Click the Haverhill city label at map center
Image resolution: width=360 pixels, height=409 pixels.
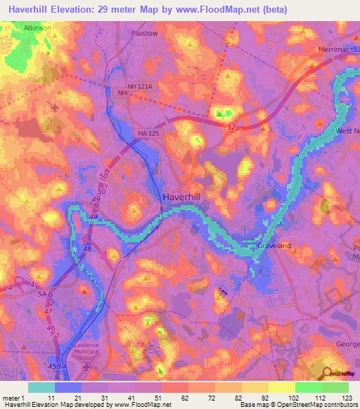click(x=182, y=198)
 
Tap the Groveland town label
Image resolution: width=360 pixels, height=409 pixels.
click(x=275, y=247)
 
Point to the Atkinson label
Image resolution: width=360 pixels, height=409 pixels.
click(x=38, y=27)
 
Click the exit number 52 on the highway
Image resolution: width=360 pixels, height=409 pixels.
click(x=232, y=126)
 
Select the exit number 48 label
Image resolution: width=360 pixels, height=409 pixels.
click(x=86, y=249)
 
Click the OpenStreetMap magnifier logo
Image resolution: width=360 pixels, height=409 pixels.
click(x=328, y=374)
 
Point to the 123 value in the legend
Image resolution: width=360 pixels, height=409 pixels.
click(x=347, y=397)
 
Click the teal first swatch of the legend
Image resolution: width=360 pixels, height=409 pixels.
click(x=41, y=387)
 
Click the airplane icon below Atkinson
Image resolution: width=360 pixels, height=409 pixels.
click(x=55, y=108)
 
